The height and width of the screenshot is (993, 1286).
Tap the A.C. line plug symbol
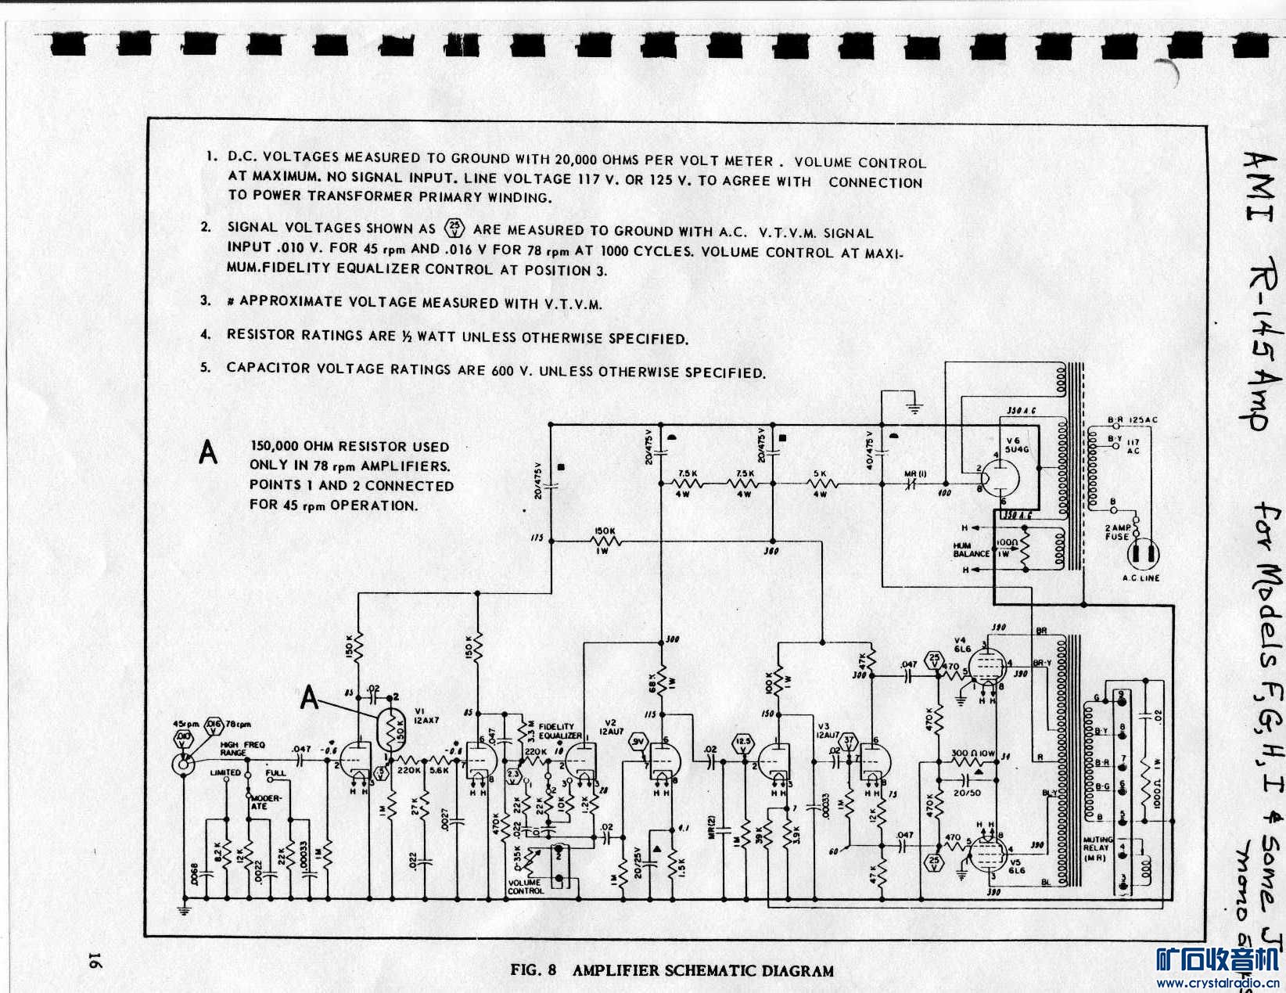[x=1142, y=554]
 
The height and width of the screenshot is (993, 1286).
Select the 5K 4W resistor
[x=820, y=484]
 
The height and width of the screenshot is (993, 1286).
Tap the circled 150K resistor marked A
[x=389, y=730]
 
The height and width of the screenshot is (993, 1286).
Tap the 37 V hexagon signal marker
[x=850, y=739]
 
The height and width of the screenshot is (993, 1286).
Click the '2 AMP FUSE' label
[x=1117, y=532]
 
